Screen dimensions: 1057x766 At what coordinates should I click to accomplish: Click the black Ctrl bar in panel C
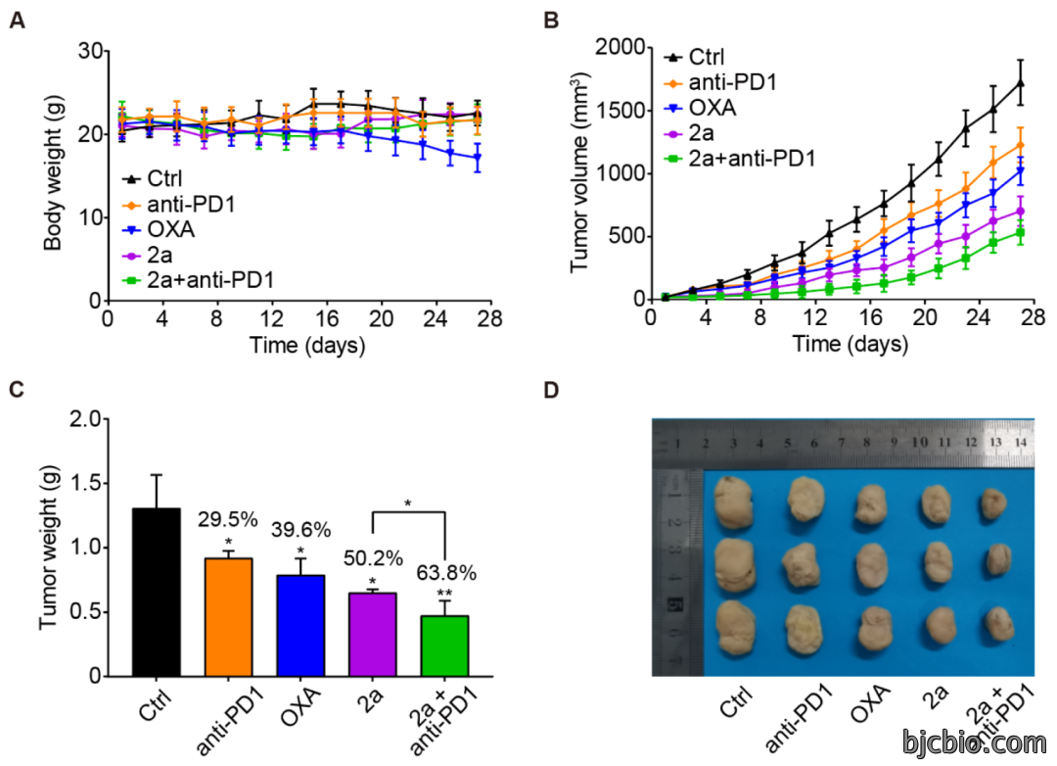[x=157, y=592]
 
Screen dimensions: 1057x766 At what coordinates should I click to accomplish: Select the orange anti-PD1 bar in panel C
[x=228, y=617]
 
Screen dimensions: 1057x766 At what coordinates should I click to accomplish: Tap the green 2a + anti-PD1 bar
[x=444, y=646]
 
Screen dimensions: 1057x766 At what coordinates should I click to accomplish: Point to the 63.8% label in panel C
[x=446, y=573]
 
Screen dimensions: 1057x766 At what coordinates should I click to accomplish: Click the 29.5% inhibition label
[x=228, y=520]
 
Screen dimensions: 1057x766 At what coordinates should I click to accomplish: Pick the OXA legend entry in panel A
[x=160, y=229]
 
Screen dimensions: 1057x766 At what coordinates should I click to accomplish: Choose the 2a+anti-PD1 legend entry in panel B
[x=740, y=159]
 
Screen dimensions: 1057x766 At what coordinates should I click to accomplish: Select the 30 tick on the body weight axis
[x=90, y=51]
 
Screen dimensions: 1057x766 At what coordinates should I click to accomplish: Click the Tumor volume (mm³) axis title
[x=579, y=172]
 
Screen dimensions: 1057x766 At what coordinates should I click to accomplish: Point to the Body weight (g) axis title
[x=53, y=172]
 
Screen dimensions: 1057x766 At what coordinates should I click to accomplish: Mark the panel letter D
[x=551, y=390]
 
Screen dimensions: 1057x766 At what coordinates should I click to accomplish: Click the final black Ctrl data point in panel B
[x=1021, y=83]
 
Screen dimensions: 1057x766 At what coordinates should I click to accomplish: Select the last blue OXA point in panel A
[x=478, y=158]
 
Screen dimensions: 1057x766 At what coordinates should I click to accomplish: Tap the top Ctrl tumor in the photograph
[x=733, y=503]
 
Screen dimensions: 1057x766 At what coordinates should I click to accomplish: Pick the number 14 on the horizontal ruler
[x=1021, y=442]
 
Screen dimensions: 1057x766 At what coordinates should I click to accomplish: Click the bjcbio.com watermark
[x=974, y=742]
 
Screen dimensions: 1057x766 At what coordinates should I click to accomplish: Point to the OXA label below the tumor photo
[x=870, y=702]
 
